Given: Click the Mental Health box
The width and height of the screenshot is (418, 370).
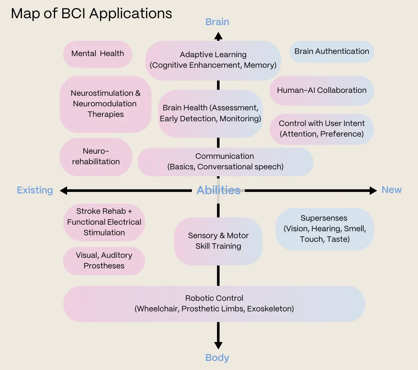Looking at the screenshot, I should pos(97,54).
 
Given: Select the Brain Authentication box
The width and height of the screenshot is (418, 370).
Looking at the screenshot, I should pos(332,51).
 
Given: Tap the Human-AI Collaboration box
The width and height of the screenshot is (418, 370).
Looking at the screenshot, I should pos(322,91).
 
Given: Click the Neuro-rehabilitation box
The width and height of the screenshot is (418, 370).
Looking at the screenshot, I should pos(96,157).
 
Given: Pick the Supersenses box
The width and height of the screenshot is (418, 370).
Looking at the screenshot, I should pos(324,229).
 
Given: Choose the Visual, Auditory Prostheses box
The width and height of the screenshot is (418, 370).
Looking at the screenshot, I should pos(104,261).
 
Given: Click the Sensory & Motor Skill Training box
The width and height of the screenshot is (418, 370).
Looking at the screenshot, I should pos(218,241).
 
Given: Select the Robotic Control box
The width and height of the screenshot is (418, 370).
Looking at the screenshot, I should pos(214,303).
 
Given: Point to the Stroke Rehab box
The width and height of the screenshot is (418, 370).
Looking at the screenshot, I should pos(104,222).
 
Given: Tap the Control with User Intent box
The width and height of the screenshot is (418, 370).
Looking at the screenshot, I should pos(322,129).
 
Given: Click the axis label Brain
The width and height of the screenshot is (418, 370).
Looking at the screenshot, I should pos(217,22).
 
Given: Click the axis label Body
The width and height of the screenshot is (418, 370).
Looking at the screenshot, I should pos(217,358).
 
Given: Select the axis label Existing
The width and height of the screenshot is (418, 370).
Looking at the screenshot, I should pos(35,190).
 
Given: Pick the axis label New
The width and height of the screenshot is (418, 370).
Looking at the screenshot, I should pos(391,190).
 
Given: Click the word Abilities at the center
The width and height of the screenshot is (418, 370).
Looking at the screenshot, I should pos(218,190).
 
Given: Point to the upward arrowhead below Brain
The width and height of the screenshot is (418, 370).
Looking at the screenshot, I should pos(218,36).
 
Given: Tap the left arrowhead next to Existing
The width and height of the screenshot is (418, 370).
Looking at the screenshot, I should pos(64,190).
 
